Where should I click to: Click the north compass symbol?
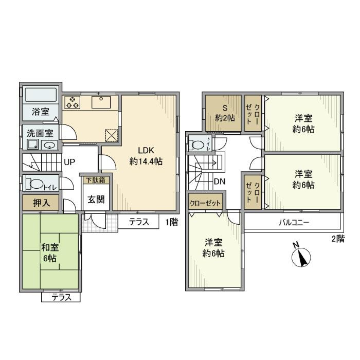point(302,257)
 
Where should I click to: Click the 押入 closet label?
point(40,203)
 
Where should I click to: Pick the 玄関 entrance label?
point(96,199)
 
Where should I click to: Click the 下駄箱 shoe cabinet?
point(96,180)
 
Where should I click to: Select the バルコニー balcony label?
point(294,222)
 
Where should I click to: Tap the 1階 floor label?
point(171,222)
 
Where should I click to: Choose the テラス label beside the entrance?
point(139,222)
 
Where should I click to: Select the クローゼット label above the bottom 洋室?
point(205,203)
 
